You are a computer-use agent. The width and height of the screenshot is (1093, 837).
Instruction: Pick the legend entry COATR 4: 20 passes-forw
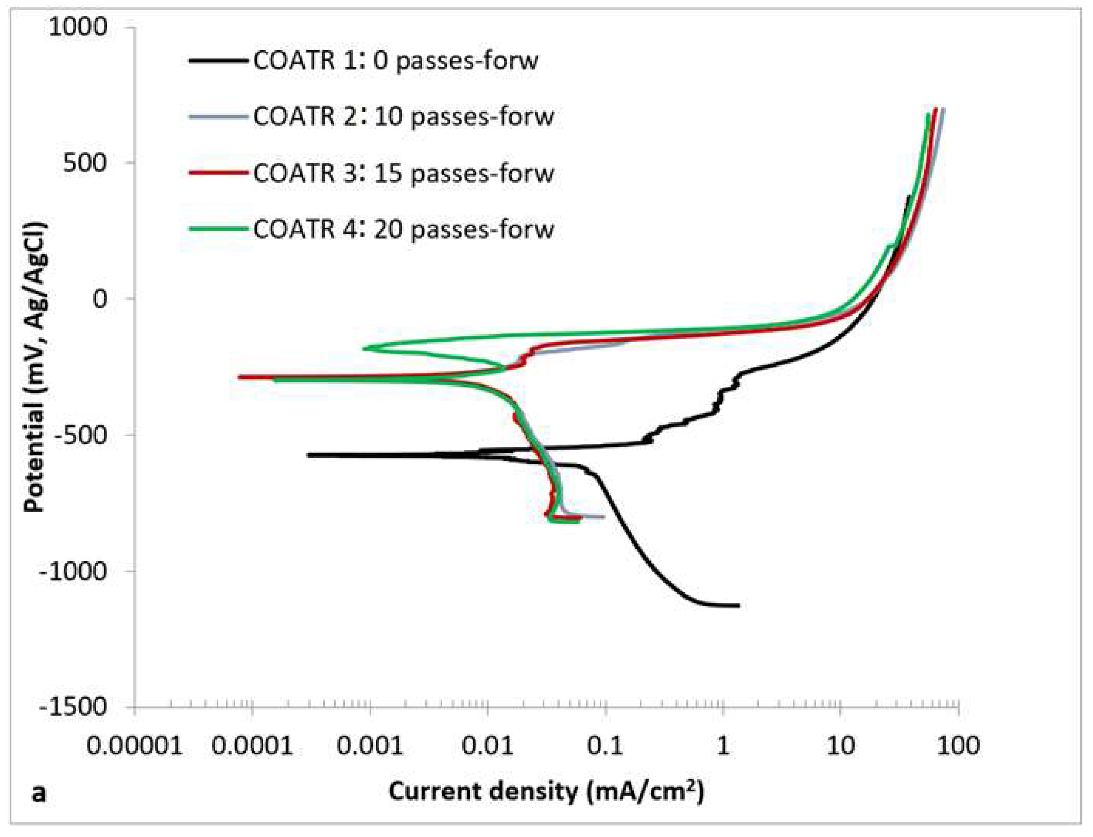coord(403,230)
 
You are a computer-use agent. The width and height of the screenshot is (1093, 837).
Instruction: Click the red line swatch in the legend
coord(218,173)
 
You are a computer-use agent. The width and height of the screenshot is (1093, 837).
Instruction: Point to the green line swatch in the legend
coord(218,229)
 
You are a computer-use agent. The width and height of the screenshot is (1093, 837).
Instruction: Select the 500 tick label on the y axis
coord(85,163)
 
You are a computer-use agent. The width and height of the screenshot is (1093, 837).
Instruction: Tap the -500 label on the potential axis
coord(80,435)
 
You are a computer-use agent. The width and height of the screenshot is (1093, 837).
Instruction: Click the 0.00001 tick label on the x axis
coord(135,746)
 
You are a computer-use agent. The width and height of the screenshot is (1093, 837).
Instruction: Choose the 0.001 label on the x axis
coord(369,746)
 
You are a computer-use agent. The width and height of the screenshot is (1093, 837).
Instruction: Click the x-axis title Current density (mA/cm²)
coord(546,792)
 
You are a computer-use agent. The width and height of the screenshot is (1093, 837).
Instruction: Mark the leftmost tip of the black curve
coord(308,455)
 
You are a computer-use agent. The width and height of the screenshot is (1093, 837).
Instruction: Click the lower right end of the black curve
coord(738,605)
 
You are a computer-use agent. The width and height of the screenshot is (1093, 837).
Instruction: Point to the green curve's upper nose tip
coord(364,348)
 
